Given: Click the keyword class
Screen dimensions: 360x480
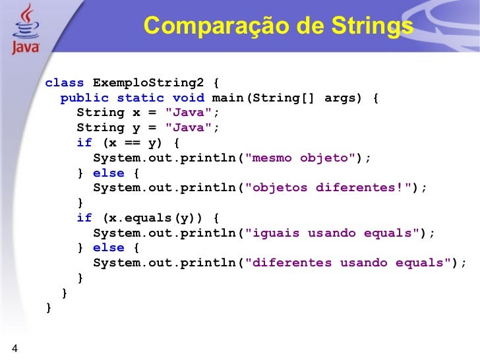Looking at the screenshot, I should (x=65, y=83).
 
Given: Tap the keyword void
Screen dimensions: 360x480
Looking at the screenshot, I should (x=189, y=98).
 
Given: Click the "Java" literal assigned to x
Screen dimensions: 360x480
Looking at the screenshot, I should (x=189, y=113).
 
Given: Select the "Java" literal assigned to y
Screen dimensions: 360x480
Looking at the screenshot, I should (x=189, y=127).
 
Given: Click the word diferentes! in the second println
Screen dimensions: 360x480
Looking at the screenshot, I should (x=365, y=187).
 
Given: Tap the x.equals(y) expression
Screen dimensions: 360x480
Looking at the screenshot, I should (x=156, y=218).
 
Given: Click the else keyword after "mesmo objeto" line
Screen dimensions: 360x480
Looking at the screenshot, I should (x=109, y=173).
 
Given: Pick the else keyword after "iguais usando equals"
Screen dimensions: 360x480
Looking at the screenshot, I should (x=109, y=248).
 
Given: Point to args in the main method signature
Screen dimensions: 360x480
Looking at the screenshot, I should (x=340, y=98).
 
